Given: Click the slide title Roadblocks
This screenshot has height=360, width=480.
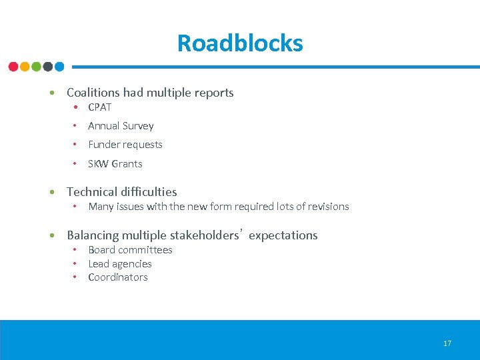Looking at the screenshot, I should point(240,43).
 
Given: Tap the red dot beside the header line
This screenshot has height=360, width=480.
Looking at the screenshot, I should point(13,67).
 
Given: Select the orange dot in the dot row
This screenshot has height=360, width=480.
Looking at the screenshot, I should point(25,67).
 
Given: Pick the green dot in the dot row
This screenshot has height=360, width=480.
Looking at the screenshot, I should point(36,67).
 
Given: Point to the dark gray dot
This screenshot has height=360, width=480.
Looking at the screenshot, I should point(48,67).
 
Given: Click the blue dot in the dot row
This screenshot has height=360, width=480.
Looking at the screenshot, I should point(59,67).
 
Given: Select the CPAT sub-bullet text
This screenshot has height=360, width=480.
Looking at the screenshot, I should point(99,107).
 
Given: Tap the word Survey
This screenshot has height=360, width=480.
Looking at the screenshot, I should point(138,126).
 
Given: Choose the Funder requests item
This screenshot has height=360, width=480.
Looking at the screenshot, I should point(125,145).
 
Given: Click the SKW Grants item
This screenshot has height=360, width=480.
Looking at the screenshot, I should point(115,164).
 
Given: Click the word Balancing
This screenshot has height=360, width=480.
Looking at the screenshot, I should point(93,235).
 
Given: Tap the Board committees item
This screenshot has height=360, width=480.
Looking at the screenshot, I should point(130,250).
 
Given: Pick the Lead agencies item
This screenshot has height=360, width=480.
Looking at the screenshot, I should point(120,264).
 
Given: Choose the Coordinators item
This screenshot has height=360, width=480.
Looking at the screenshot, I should point(118,277).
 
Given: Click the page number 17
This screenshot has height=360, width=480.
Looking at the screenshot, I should point(447,343).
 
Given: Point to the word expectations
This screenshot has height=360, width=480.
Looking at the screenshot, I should point(283,235).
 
